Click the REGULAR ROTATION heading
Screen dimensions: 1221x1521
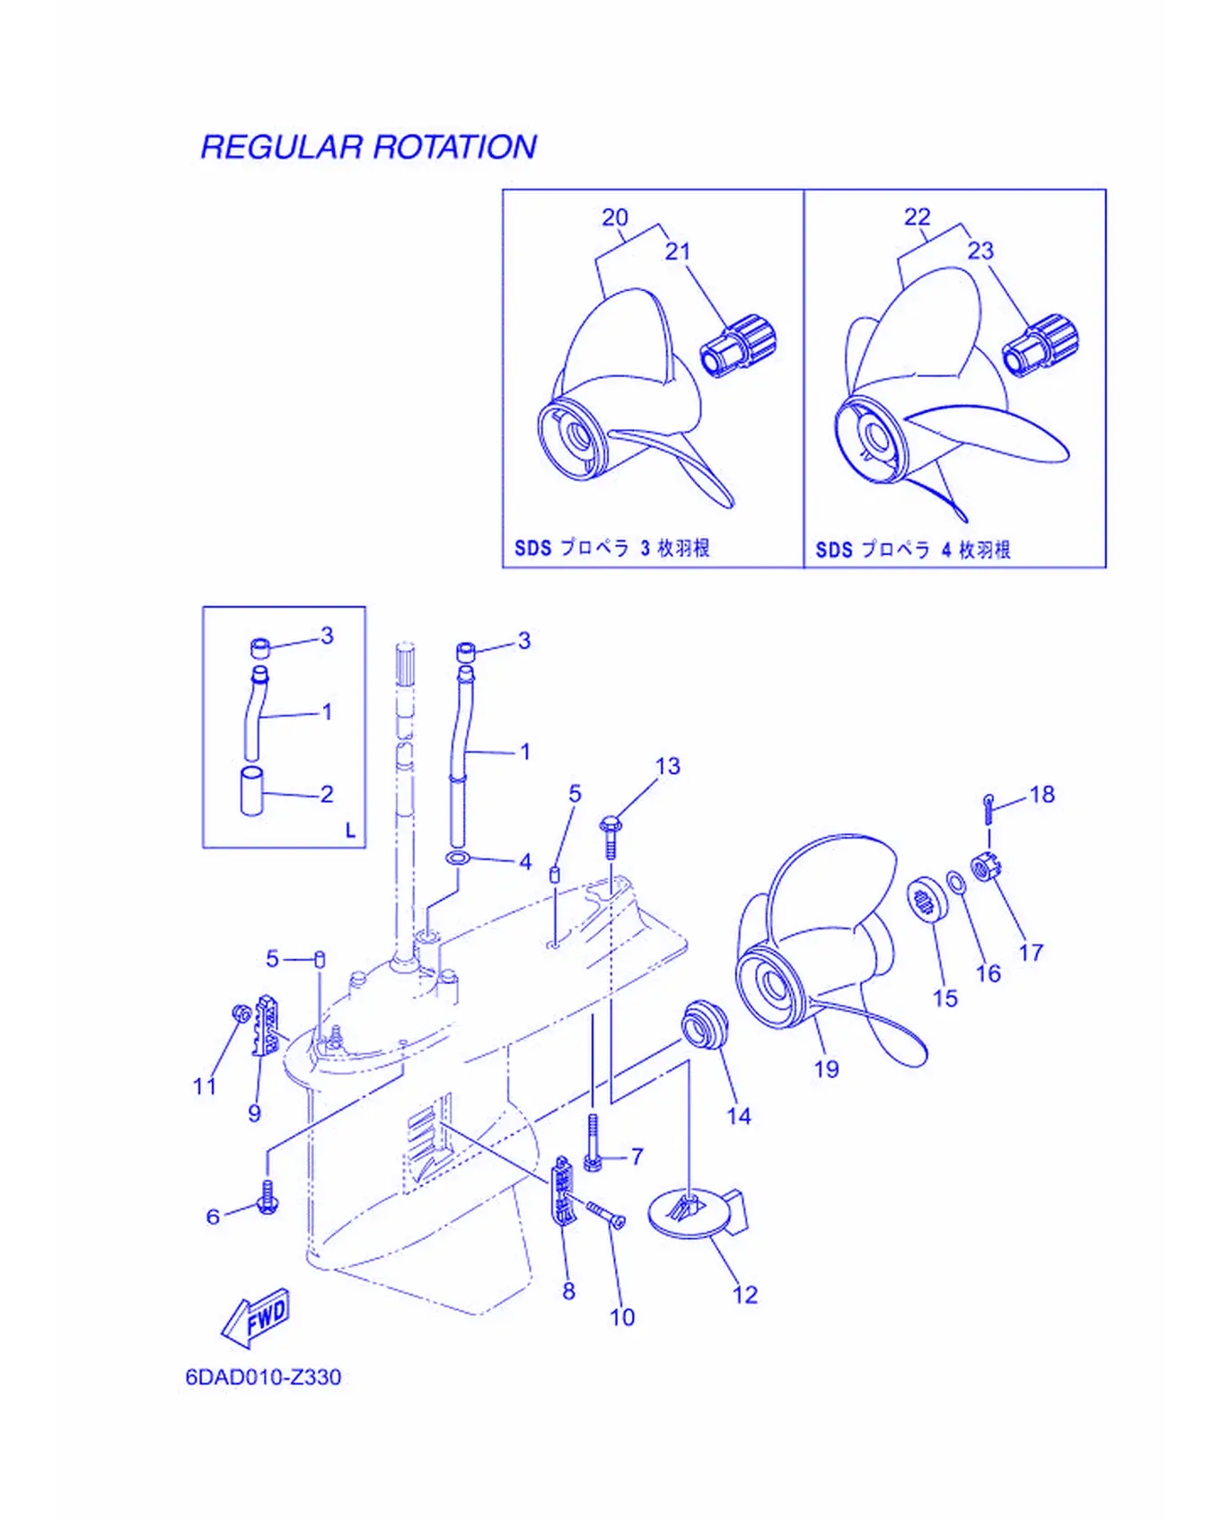click(368, 147)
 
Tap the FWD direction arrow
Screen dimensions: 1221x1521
click(257, 1317)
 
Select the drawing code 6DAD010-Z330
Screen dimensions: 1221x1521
click(263, 1377)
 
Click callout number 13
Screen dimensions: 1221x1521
click(668, 766)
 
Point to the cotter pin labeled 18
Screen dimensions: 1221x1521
click(988, 807)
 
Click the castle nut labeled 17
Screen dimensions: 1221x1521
click(986, 867)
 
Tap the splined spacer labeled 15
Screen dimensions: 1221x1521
click(923, 899)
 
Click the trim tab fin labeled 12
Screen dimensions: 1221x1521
click(698, 1212)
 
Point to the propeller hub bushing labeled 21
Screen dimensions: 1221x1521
click(738, 346)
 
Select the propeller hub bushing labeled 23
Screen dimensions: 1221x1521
click(1041, 346)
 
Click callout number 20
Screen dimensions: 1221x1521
click(615, 217)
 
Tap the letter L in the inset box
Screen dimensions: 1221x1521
click(350, 831)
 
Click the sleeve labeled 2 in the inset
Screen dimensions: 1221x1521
click(252, 791)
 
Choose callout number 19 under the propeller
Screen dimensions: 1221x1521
click(827, 1068)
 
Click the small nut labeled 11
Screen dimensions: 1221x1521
click(241, 1013)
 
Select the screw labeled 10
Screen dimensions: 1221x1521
click(606, 1215)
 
